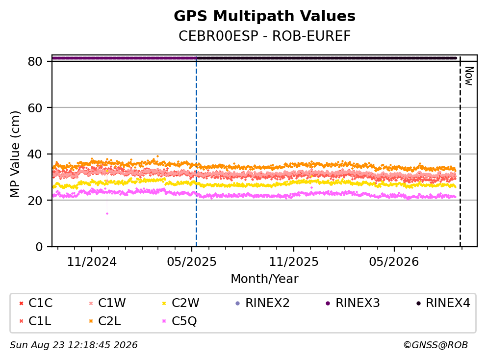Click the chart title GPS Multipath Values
click(x=264, y=16)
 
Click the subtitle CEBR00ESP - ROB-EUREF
click(x=264, y=36)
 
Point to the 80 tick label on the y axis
click(x=35, y=61)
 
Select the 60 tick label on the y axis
click(x=35, y=108)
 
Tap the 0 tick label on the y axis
click(x=39, y=247)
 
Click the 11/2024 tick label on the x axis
click(x=92, y=262)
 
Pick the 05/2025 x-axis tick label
click(x=192, y=262)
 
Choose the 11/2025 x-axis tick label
click(x=293, y=262)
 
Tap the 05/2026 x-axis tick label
click(x=394, y=262)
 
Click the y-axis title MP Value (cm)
click(x=15, y=154)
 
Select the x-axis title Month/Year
click(x=264, y=279)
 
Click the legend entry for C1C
click(x=36, y=303)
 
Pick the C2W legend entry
click(x=180, y=303)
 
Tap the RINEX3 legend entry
click(x=353, y=303)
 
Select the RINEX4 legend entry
click(x=443, y=303)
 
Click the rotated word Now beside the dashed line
click(x=469, y=76)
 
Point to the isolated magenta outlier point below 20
click(x=107, y=214)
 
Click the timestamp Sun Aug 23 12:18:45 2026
click(x=74, y=345)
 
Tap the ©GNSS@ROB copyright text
click(x=436, y=345)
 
